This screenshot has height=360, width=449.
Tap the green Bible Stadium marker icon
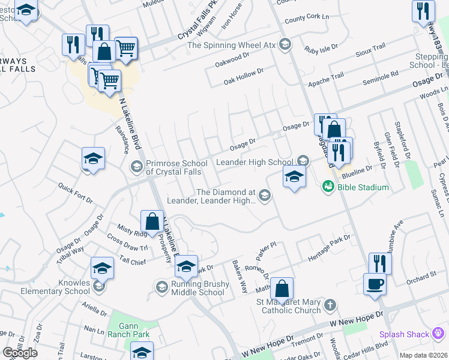[x=328, y=187]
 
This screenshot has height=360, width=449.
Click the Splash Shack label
[x=403, y=334]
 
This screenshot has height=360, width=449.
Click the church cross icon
[x=329, y=306]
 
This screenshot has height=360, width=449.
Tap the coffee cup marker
[x=375, y=283]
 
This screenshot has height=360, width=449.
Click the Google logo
[x=20, y=352]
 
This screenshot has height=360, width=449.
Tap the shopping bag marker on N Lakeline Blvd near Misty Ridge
[x=152, y=221]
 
